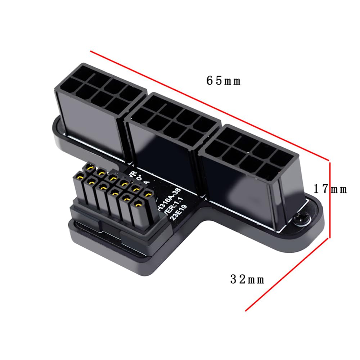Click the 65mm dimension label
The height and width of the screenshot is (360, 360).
[223, 81]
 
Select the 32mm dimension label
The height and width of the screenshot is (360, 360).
[247, 279]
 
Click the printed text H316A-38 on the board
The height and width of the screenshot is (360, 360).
[173, 198]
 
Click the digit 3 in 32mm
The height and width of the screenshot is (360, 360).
[234, 279]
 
